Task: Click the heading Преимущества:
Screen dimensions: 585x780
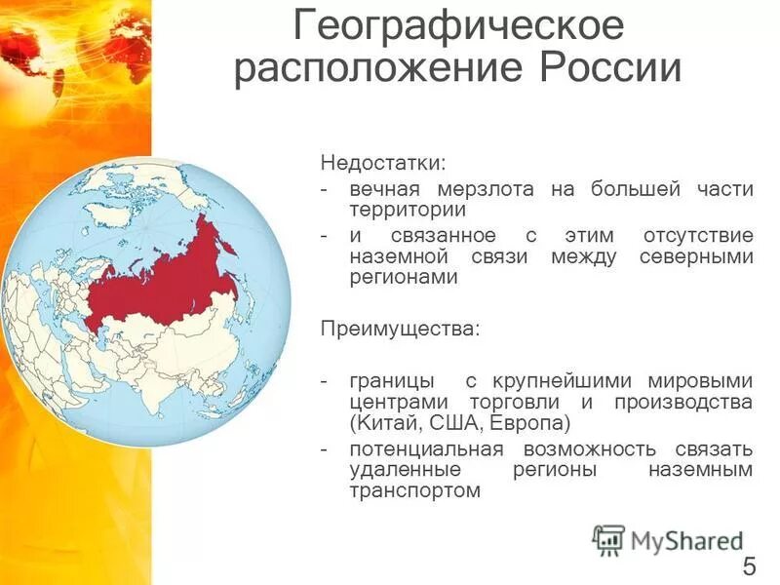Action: [x=401, y=328]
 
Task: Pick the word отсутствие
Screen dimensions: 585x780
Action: [x=697, y=237]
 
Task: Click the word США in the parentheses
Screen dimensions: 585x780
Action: [x=443, y=423]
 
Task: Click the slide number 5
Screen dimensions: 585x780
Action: [x=749, y=565]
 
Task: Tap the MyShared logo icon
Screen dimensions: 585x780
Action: [x=608, y=539]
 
